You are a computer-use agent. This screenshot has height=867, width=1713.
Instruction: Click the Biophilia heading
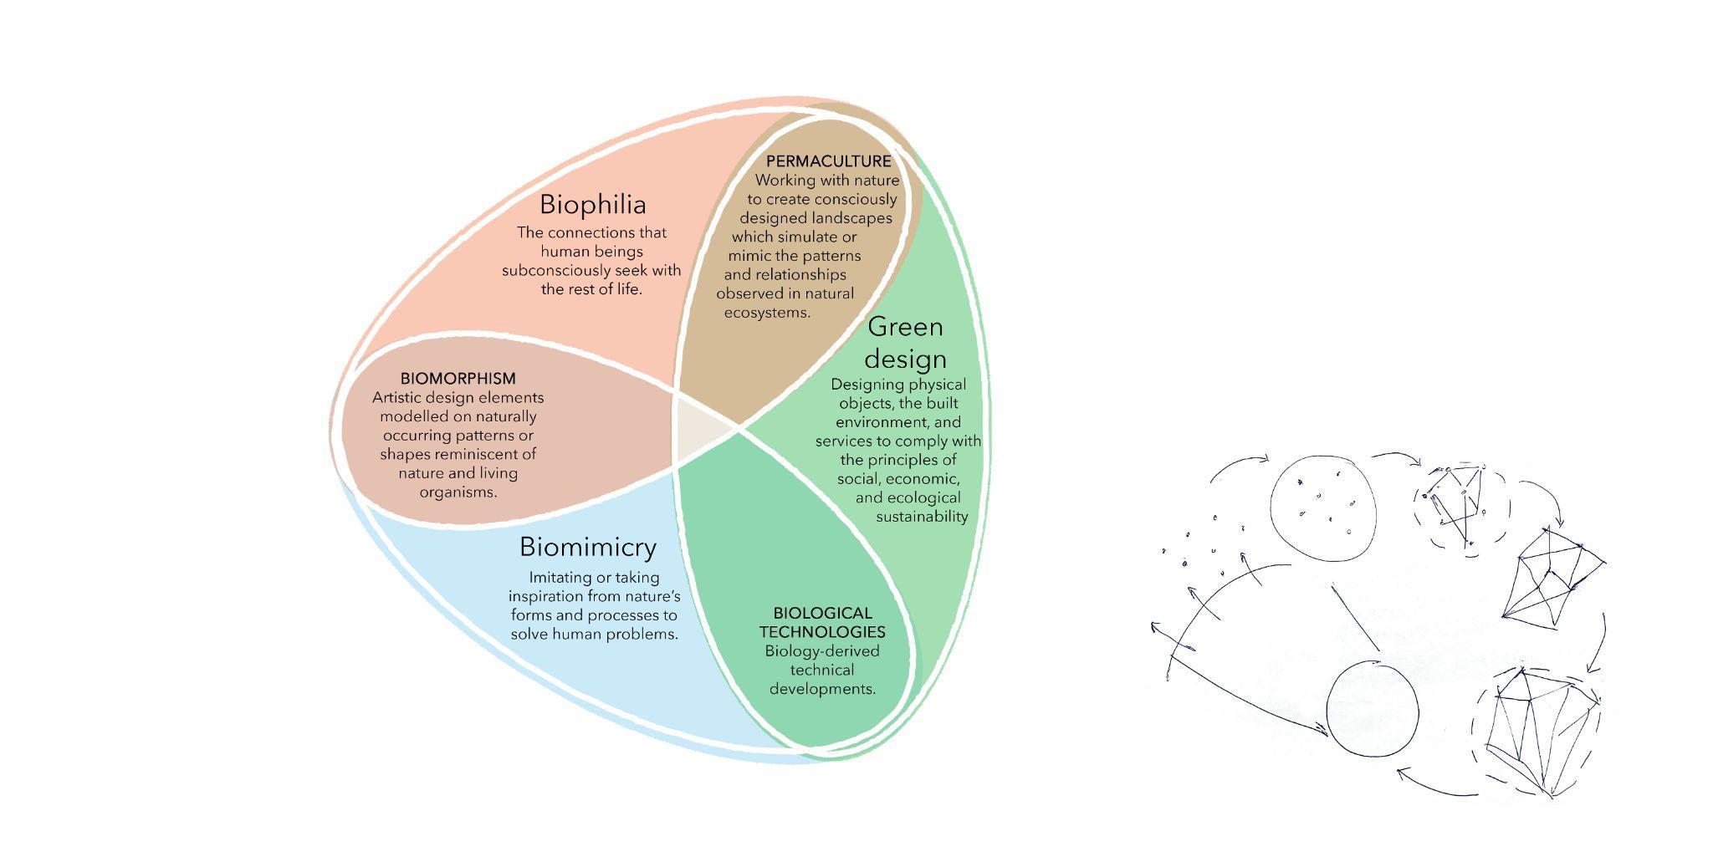592,204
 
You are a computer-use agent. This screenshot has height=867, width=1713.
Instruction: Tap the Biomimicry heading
587,547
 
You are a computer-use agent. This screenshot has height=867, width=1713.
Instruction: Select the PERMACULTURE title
828,161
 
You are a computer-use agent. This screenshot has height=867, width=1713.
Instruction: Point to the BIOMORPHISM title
458,379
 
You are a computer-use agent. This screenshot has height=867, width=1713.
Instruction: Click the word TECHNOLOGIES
822,631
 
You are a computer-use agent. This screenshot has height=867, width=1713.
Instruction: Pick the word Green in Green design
905,326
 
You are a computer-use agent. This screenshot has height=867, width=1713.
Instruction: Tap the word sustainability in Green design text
922,516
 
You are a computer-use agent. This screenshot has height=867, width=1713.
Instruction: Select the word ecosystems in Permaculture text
767,313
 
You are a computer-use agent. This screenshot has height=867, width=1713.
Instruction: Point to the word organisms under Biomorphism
458,492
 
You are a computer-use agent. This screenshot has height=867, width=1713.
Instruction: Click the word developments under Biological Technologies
822,689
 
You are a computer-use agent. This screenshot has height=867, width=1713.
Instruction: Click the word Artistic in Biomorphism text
400,397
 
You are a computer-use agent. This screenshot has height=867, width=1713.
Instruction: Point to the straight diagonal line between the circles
1355,617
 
